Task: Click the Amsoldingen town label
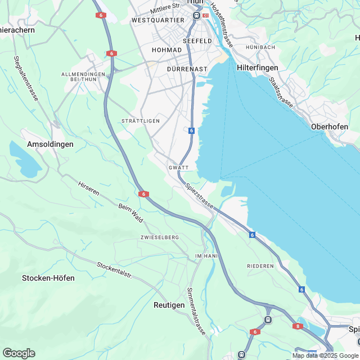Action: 50,144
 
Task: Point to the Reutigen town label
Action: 169,304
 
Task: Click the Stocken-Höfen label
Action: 48,278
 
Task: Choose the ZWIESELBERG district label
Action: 160,237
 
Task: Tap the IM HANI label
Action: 205,256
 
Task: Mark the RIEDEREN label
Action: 260,265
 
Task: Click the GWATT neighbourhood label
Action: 178,168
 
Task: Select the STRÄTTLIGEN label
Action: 141,121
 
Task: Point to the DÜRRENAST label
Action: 187,69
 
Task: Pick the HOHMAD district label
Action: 167,50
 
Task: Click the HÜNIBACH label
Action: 260,47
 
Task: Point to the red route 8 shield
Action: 297,326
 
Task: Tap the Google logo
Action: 19,353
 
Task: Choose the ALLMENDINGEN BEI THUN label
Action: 83,77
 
